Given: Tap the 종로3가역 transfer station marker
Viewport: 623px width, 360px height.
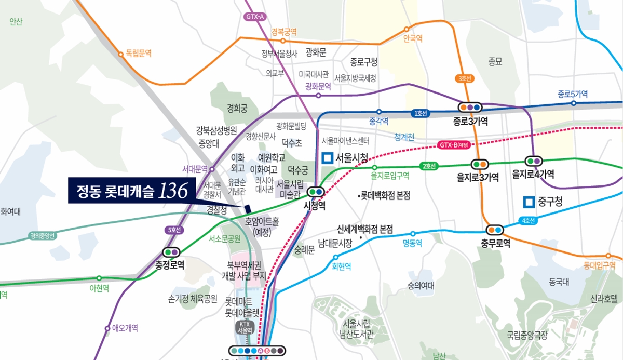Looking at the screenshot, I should point(470,107).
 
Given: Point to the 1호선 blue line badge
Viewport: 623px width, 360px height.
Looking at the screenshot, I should point(419,113).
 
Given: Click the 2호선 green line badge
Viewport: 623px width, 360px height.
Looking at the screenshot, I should point(429,166).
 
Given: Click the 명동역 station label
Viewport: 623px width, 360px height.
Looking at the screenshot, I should point(413,243).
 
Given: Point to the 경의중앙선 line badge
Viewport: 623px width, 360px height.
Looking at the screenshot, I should point(43,235).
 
